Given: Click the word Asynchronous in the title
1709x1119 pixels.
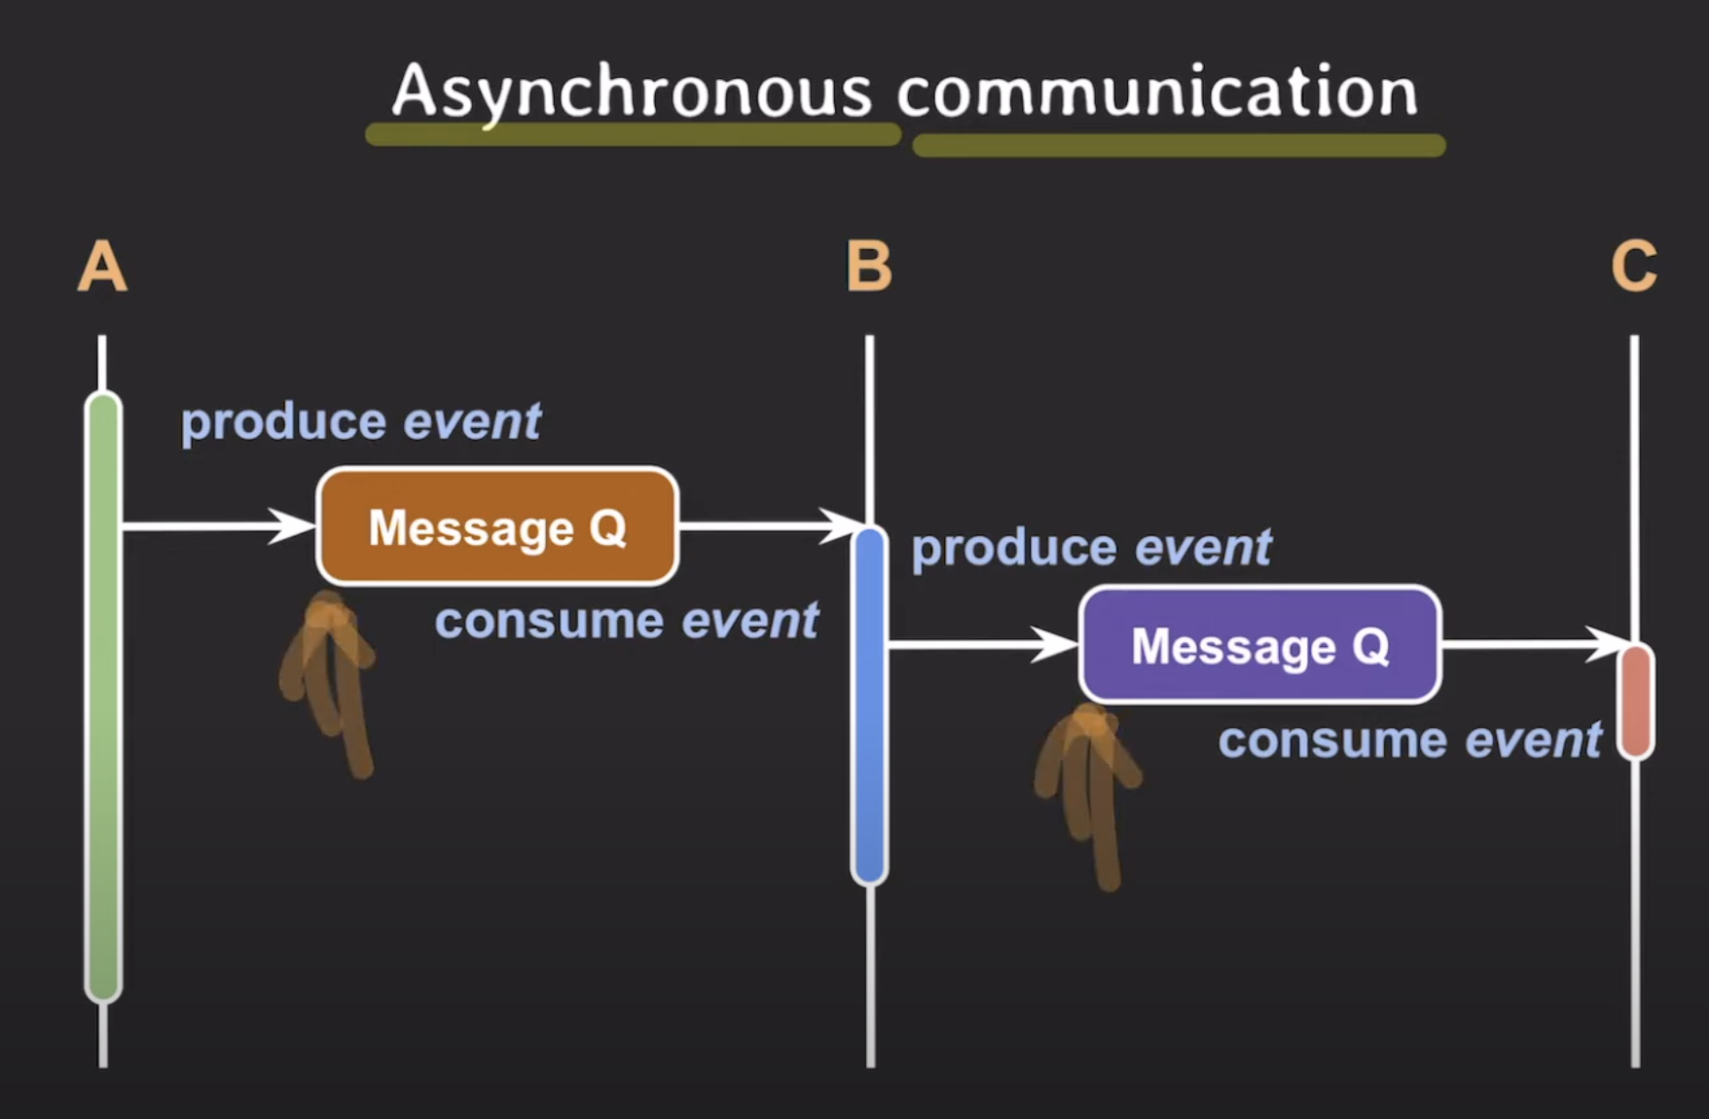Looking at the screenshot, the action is point(632,92).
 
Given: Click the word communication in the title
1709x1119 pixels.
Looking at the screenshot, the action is point(1157,91).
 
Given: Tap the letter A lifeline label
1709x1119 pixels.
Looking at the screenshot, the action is point(102,267).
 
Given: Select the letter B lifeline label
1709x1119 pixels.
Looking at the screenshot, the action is point(869,267).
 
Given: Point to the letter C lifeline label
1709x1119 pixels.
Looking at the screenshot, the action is point(1634,267).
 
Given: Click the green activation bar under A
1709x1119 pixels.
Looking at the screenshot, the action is point(103,697).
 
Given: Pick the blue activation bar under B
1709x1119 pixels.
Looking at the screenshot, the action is point(869,705).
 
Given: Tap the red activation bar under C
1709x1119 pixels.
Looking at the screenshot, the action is point(1636,701).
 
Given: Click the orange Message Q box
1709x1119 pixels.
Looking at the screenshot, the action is point(497,526).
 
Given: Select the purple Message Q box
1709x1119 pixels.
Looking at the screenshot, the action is point(1260,644).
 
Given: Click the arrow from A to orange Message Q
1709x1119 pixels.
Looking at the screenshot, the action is point(219,526).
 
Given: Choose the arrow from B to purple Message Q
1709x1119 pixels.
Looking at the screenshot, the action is point(984,644).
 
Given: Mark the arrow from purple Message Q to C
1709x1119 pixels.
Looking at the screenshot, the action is point(1536,644).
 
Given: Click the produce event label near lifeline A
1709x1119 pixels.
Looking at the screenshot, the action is point(361,422).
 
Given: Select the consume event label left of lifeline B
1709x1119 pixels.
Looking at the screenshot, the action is point(627,621).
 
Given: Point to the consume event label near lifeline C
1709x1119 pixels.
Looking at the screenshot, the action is point(1410,740).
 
